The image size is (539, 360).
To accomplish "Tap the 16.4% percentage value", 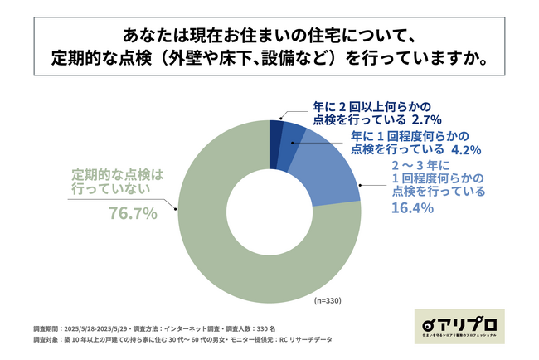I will click(x=412, y=208).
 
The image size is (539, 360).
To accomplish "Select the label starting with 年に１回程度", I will click(x=398, y=143).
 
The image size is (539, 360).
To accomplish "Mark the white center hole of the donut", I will click(x=269, y=212).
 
